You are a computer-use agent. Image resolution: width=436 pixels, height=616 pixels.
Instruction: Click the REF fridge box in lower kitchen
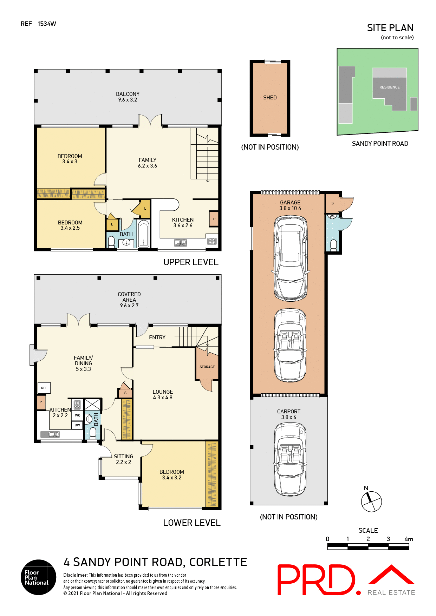(44, 388)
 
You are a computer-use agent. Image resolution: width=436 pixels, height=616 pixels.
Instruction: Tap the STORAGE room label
(207, 367)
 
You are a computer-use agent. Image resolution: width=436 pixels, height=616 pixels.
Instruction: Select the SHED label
(270, 98)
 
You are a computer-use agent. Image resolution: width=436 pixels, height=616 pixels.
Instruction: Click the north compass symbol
(371, 501)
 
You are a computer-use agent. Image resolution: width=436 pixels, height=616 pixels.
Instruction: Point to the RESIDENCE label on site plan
(389, 87)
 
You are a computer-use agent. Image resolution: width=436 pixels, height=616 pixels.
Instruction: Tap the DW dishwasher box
(77, 425)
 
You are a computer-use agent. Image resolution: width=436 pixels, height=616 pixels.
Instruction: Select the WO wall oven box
(77, 415)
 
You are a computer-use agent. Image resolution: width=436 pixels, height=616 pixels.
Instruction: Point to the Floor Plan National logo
(38, 577)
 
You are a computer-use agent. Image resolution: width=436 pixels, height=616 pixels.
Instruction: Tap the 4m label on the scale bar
(409, 539)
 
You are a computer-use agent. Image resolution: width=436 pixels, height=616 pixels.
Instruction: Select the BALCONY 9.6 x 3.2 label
(128, 97)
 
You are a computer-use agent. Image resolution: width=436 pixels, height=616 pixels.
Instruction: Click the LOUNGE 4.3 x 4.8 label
(163, 395)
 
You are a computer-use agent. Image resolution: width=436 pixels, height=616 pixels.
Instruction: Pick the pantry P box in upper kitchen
(214, 219)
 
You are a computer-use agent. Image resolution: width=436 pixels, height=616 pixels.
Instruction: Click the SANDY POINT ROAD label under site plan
(380, 144)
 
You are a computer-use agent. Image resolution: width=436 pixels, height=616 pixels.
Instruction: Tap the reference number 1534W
(47, 24)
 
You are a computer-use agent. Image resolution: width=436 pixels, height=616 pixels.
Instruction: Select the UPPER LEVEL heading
(191, 262)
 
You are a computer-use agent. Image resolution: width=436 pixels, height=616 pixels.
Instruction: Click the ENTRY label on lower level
(157, 338)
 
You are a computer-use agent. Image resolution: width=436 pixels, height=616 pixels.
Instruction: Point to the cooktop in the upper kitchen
(212, 241)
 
